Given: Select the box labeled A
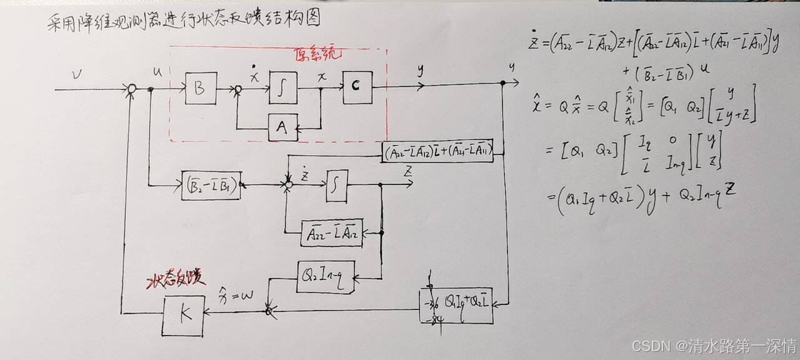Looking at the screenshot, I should pyautogui.click(x=282, y=128).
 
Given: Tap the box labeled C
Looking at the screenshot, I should pyautogui.click(x=357, y=87).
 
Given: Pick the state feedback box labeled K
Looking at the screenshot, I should pyautogui.click(x=184, y=316).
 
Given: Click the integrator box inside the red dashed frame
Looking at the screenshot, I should pyautogui.click(x=283, y=89).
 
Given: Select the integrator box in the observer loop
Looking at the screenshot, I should pyautogui.click(x=337, y=186).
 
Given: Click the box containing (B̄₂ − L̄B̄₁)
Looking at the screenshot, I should pyautogui.click(x=211, y=185).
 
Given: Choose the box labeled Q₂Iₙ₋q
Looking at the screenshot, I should pyautogui.click(x=326, y=276).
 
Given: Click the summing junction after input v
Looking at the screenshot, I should pyautogui.click(x=132, y=90).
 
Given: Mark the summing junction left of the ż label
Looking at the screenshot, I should pyautogui.click(x=288, y=184).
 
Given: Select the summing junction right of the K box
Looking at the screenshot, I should pyautogui.click(x=269, y=310).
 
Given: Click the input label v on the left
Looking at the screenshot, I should pyautogui.click(x=77, y=76).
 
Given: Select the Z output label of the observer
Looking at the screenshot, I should pyautogui.click(x=407, y=171).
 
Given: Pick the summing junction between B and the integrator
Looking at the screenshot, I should pyautogui.click(x=237, y=90).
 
